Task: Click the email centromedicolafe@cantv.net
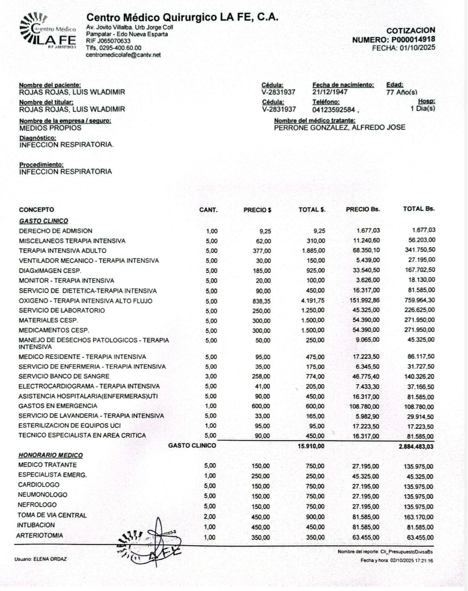click(x=123, y=55)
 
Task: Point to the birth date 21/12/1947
click(x=330, y=92)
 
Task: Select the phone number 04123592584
click(x=334, y=110)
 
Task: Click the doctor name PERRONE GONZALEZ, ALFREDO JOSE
click(x=340, y=127)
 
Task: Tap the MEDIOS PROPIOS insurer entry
click(x=50, y=128)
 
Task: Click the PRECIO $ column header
click(x=257, y=210)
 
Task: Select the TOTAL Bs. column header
click(x=419, y=209)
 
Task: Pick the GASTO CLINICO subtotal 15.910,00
click(x=311, y=446)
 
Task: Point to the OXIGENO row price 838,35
click(x=261, y=301)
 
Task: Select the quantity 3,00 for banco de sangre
click(x=211, y=377)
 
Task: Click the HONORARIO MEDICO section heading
click(x=50, y=455)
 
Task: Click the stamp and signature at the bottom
click(x=152, y=545)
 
